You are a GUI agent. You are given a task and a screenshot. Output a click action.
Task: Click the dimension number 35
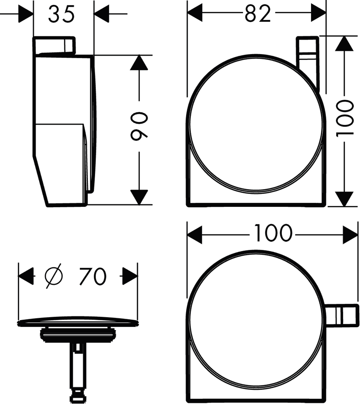coord(61,14)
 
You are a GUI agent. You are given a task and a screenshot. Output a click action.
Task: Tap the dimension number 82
coord(258,13)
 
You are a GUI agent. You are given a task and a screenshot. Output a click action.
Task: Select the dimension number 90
coord(139,126)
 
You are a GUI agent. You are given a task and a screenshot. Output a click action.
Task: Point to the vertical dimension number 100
coord(344,118)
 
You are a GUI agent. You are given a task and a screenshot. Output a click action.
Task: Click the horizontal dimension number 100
coord(273,233)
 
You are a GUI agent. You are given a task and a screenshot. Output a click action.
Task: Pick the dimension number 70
coord(93,276)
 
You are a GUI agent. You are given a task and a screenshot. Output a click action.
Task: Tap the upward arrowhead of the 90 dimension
coord(139,62)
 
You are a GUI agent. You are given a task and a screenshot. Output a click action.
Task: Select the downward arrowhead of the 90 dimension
coord(139,198)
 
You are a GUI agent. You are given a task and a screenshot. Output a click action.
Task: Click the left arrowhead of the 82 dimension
coord(195,13)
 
